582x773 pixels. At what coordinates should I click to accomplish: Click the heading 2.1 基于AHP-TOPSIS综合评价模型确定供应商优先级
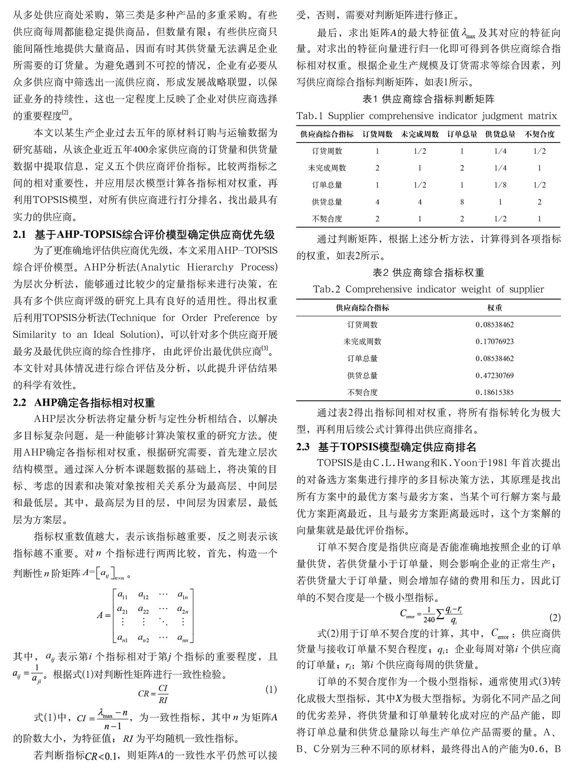tap(144, 235)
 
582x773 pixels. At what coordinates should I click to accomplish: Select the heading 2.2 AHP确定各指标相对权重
tap(84, 403)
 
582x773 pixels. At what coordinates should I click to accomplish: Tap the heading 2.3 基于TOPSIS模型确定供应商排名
tap(386, 447)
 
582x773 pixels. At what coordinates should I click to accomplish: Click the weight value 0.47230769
tap(494, 375)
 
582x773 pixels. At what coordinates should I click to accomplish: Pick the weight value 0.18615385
tap(494, 392)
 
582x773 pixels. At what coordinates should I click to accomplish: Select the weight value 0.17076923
tap(494, 341)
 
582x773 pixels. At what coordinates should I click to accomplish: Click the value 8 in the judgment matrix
tap(462, 202)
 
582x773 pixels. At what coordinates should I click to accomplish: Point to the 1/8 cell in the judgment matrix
tap(500, 185)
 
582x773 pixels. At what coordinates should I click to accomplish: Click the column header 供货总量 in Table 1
tap(500, 134)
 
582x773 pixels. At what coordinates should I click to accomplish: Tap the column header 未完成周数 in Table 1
tap(419, 134)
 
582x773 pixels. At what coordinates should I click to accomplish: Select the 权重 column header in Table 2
tap(494, 308)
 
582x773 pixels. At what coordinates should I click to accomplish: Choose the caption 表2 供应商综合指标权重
tap(428, 272)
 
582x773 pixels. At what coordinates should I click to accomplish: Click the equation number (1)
tap(271, 689)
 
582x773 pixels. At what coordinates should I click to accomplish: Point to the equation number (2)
tap(554, 618)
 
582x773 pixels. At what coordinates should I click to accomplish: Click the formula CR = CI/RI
tap(153, 694)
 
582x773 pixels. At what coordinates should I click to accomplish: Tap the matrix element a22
tap(143, 610)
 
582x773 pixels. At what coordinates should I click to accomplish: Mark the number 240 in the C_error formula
tap(429, 620)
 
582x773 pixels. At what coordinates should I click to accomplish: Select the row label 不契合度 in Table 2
tap(362, 392)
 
